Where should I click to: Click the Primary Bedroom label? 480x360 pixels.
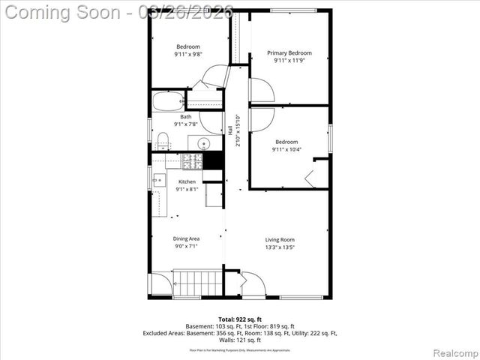click(x=289, y=52)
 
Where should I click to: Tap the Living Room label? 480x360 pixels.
click(x=280, y=240)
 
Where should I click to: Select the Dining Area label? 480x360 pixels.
click(x=187, y=238)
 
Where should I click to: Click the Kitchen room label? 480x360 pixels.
click(x=187, y=181)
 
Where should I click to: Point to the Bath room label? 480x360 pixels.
click(x=185, y=117)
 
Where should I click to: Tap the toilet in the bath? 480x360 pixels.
click(x=163, y=140)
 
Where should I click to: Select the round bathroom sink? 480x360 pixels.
click(x=202, y=142)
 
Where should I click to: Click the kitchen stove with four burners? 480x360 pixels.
click(x=192, y=160)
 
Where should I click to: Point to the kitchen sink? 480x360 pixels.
click(x=159, y=179)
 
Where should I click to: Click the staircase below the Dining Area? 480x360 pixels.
click(x=198, y=283)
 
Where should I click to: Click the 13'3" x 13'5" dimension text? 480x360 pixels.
click(x=280, y=247)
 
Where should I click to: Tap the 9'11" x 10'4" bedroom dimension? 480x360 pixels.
click(x=286, y=149)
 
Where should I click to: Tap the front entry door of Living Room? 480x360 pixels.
click(x=253, y=285)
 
